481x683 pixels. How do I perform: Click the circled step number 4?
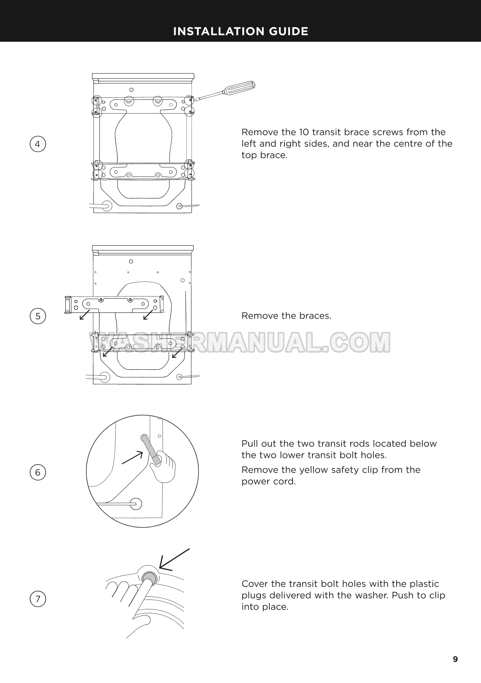[38, 144]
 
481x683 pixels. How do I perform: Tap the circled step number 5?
[38, 316]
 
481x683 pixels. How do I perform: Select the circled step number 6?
[38, 472]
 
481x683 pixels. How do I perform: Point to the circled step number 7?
[38, 599]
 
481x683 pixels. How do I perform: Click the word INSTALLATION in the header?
[219, 31]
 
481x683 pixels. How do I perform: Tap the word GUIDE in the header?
[289, 31]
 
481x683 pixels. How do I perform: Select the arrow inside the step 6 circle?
[132, 457]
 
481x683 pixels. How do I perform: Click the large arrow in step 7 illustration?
[174, 560]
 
